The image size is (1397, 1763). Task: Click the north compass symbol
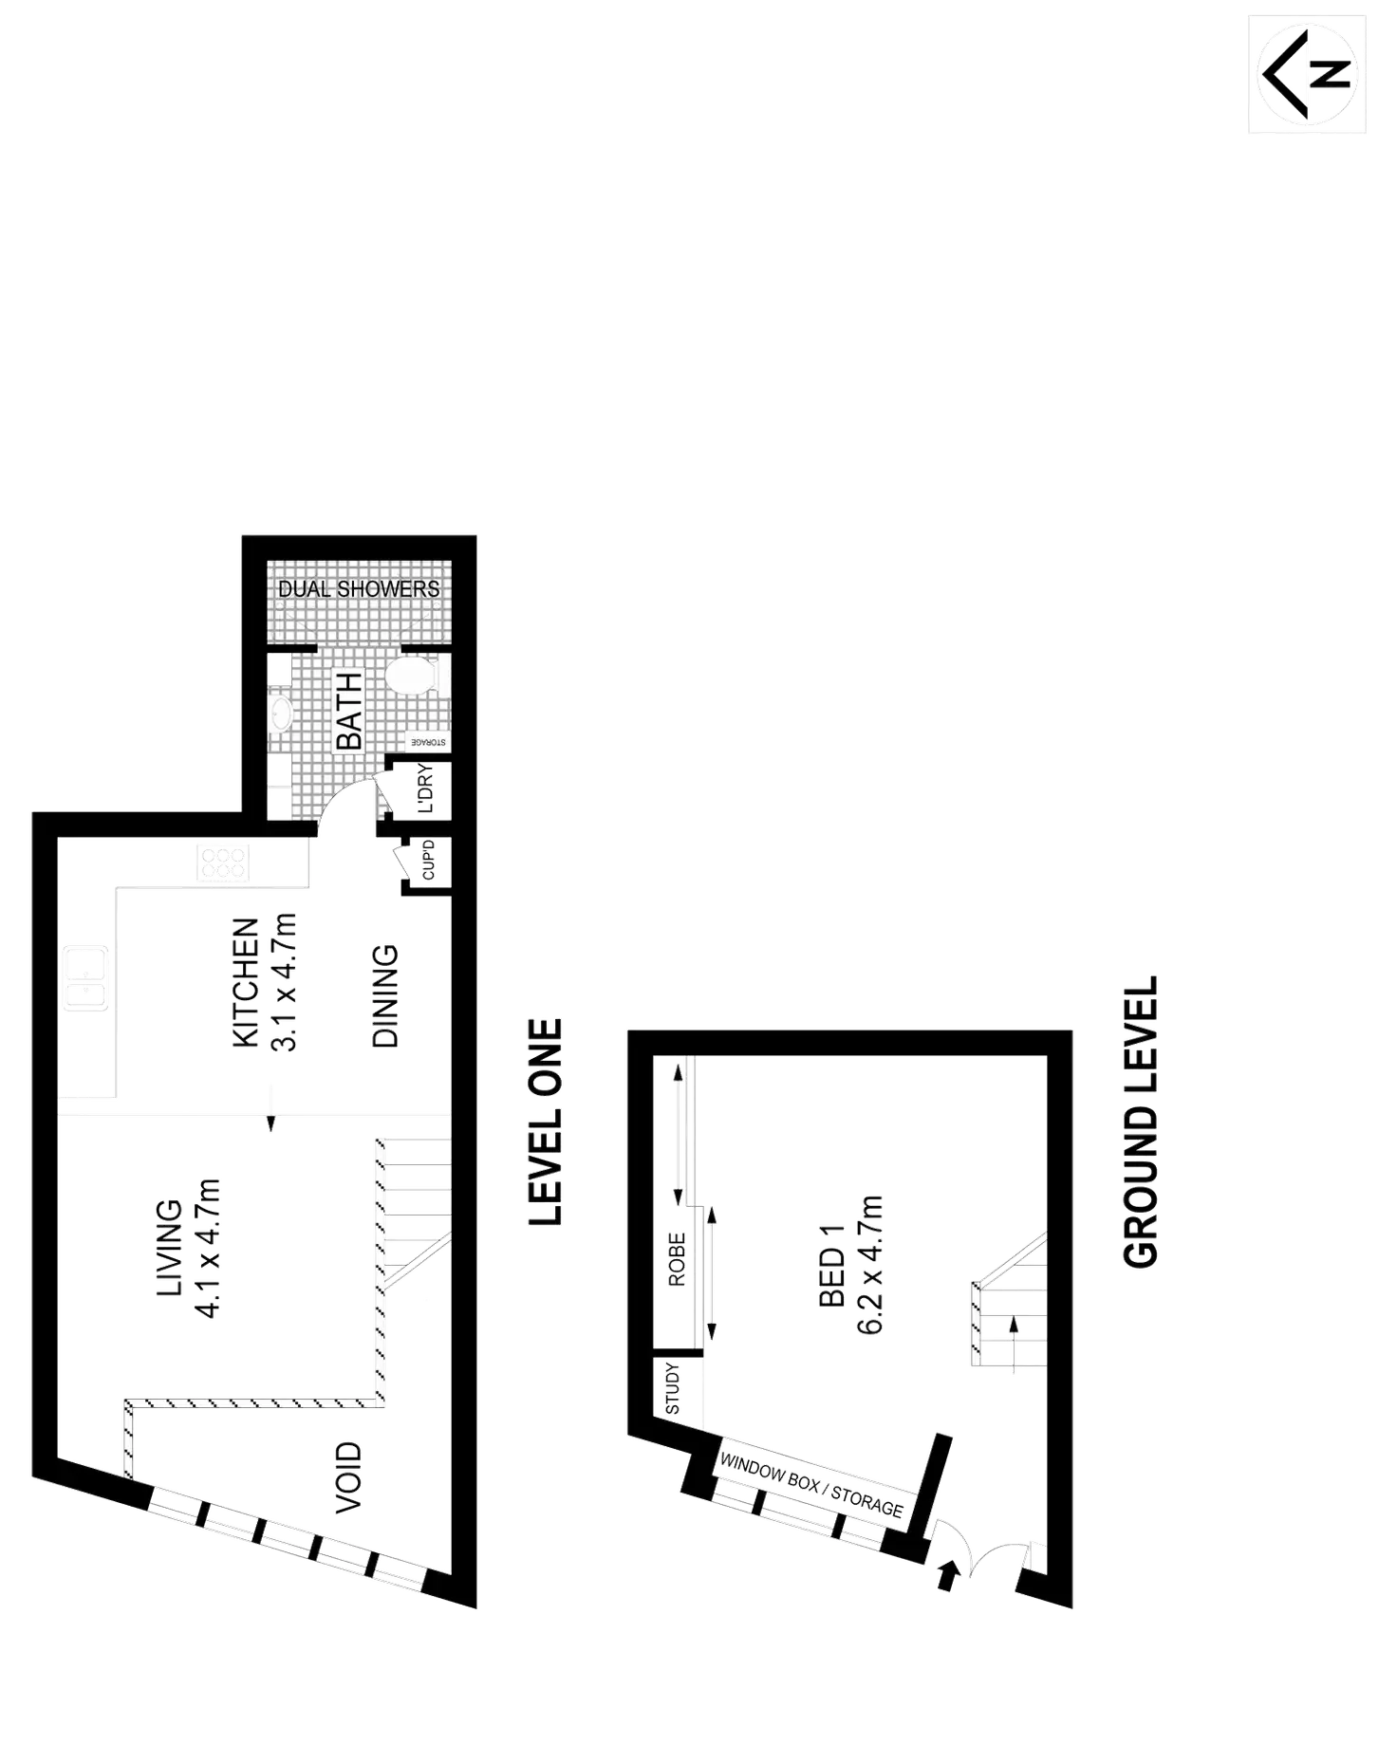(1309, 73)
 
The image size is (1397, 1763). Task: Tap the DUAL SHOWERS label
(359, 588)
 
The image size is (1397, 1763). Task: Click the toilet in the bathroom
(415, 677)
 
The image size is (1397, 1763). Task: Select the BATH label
(349, 711)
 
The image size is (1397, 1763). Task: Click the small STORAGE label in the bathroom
(428, 742)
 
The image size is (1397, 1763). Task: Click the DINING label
(383, 993)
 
